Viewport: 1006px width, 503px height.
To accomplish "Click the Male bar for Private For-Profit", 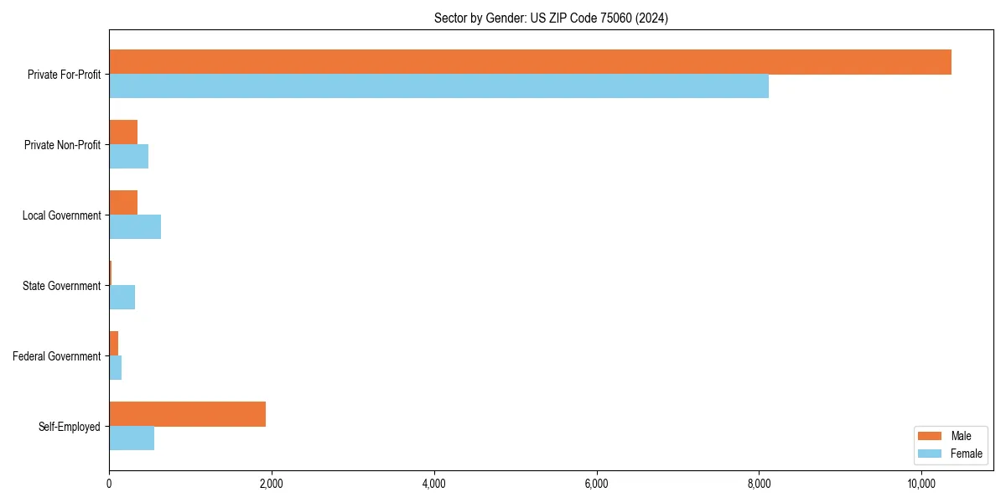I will pos(530,62).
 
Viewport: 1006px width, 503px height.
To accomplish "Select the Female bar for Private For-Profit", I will pos(438,86).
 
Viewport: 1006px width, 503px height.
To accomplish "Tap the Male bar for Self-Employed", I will pos(187,414).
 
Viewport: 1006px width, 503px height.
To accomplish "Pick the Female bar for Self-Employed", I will pos(132,438).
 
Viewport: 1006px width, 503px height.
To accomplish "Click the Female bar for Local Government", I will pos(135,227).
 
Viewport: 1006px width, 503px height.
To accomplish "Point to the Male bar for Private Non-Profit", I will pos(123,132).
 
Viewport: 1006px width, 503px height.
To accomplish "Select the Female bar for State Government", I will pos(122,298).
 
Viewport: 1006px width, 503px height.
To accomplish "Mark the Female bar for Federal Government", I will pos(116,368).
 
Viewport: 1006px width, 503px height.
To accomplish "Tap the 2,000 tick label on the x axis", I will pos(271,484).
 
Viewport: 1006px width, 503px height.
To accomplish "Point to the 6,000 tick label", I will pos(596,484).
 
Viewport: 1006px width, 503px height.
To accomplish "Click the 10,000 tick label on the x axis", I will pos(921,484).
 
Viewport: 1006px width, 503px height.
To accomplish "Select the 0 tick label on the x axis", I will pos(109,484).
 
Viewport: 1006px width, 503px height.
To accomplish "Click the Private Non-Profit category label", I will pos(62,145).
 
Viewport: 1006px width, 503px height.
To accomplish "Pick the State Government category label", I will pos(61,286).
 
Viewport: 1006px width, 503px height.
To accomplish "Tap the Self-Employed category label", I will pos(70,427).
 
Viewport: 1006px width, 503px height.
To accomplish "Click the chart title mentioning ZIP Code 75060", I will pos(551,18).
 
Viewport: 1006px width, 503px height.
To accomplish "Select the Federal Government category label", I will pos(57,356).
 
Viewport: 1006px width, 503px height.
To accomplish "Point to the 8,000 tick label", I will pos(759,484).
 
